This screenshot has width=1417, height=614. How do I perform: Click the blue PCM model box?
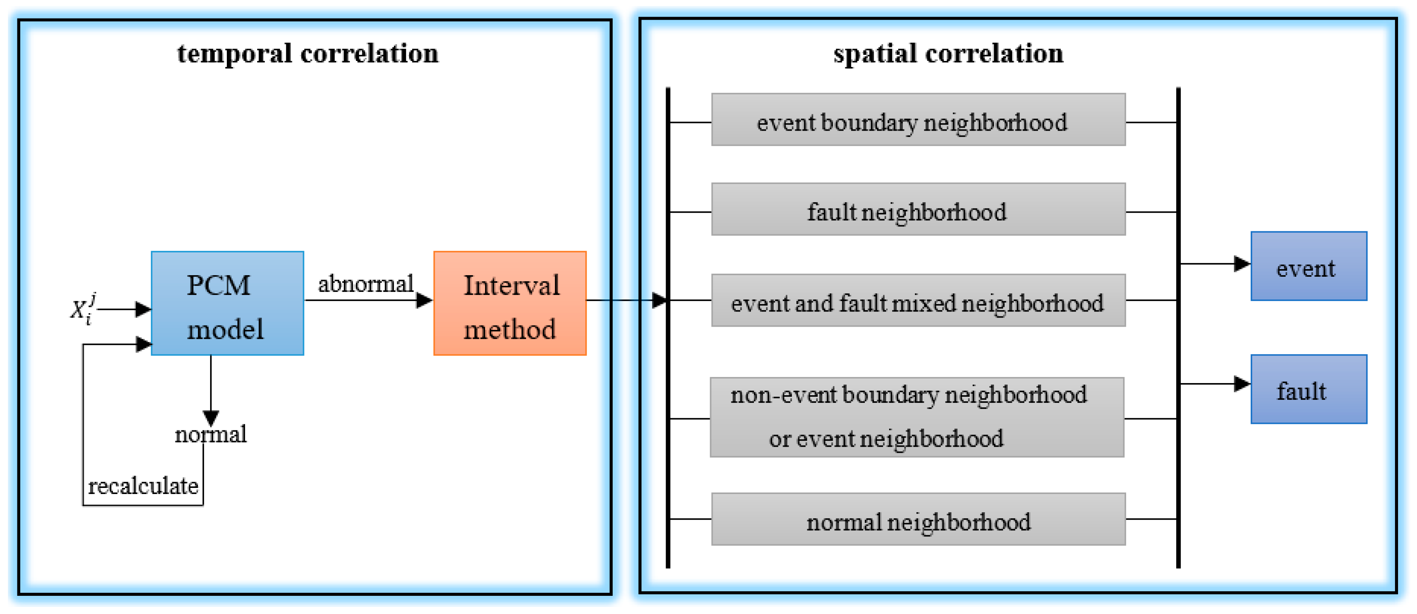point(227,304)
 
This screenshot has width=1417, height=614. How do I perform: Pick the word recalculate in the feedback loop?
point(143,486)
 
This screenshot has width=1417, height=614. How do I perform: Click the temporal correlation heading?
point(307,54)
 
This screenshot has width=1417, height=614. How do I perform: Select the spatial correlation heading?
point(948,54)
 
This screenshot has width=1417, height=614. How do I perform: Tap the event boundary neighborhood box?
point(918,120)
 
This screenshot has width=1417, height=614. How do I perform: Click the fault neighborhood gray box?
point(918,209)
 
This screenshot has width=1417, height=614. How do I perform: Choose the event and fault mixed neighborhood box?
point(918,301)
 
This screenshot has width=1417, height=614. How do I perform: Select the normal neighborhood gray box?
point(918,519)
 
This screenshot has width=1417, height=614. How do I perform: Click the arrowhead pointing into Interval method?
point(424,301)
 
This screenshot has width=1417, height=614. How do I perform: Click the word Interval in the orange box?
point(511,285)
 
